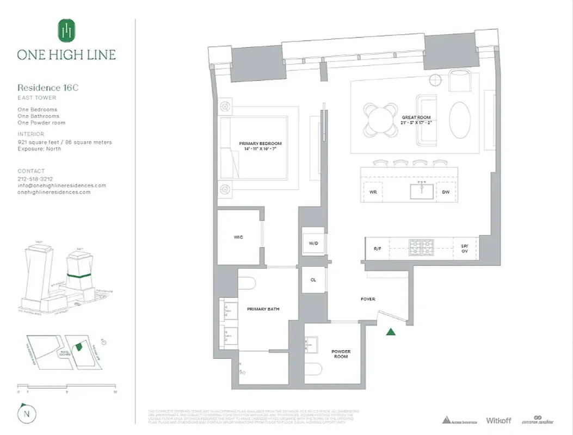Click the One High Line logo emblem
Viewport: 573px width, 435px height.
point(66,30)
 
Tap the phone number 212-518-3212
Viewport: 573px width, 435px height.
point(35,179)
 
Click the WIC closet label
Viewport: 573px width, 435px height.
point(238,237)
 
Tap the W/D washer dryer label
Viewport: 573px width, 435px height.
point(313,243)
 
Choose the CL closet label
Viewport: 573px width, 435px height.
point(313,281)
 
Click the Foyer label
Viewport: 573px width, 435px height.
point(368,299)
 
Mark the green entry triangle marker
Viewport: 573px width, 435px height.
point(391,332)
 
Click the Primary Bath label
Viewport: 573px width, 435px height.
point(263,309)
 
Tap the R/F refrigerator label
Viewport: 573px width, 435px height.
point(377,248)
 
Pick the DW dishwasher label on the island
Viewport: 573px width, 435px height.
point(446,192)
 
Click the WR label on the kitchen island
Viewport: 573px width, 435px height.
point(373,192)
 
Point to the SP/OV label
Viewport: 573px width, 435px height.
point(464,248)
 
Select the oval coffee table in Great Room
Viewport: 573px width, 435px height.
point(460,120)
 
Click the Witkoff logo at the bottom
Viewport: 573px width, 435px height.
point(498,420)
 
